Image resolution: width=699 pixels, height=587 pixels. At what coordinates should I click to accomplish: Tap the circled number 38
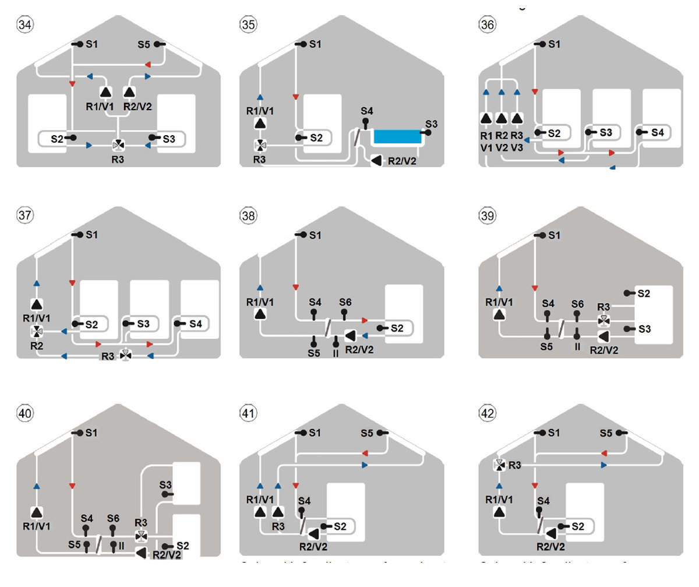(248, 215)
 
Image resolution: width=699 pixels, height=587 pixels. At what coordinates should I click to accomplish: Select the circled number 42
(487, 413)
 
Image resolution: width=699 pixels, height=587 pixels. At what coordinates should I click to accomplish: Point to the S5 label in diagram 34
(144, 44)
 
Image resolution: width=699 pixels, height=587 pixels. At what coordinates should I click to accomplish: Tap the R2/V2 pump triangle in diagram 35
(377, 160)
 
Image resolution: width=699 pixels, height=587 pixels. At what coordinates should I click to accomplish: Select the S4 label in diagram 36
(657, 132)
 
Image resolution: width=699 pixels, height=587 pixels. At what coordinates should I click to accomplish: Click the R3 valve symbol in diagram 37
(125, 354)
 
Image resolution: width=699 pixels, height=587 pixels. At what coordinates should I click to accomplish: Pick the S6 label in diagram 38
(346, 302)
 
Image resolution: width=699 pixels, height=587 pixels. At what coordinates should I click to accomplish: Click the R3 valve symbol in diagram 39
(605, 319)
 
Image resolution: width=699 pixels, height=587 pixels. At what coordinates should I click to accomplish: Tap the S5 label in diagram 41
(366, 433)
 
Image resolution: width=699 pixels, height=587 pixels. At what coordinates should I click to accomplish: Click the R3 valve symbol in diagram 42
(499, 465)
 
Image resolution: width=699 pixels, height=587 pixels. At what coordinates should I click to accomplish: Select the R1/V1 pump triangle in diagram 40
(37, 512)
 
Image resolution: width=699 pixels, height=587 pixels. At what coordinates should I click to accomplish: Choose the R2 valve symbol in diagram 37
(37, 332)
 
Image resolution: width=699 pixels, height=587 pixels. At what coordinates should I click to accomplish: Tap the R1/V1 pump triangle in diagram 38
(260, 314)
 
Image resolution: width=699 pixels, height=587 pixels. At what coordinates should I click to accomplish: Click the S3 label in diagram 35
(431, 124)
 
